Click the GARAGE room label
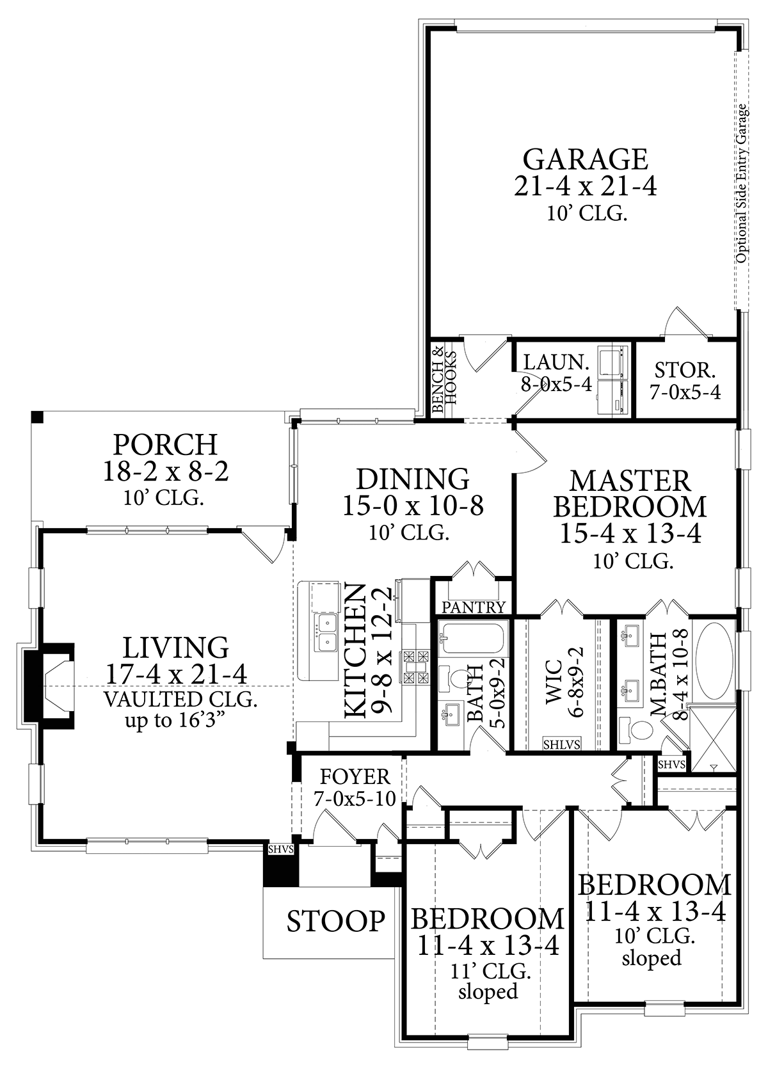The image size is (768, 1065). click(x=585, y=160)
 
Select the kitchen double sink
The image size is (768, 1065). click(x=325, y=632)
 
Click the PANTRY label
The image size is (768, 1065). click(x=473, y=607)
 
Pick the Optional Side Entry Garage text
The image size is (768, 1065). click(x=741, y=183)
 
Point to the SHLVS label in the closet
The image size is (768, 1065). click(x=562, y=744)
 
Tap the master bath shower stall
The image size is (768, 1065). click(x=712, y=739)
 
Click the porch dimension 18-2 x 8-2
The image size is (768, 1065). click(x=166, y=472)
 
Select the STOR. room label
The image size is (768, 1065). click(x=685, y=370)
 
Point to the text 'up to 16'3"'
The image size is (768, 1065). click(x=174, y=720)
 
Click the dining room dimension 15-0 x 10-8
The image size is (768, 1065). click(x=413, y=506)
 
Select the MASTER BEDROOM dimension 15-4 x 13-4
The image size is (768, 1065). click(x=630, y=533)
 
